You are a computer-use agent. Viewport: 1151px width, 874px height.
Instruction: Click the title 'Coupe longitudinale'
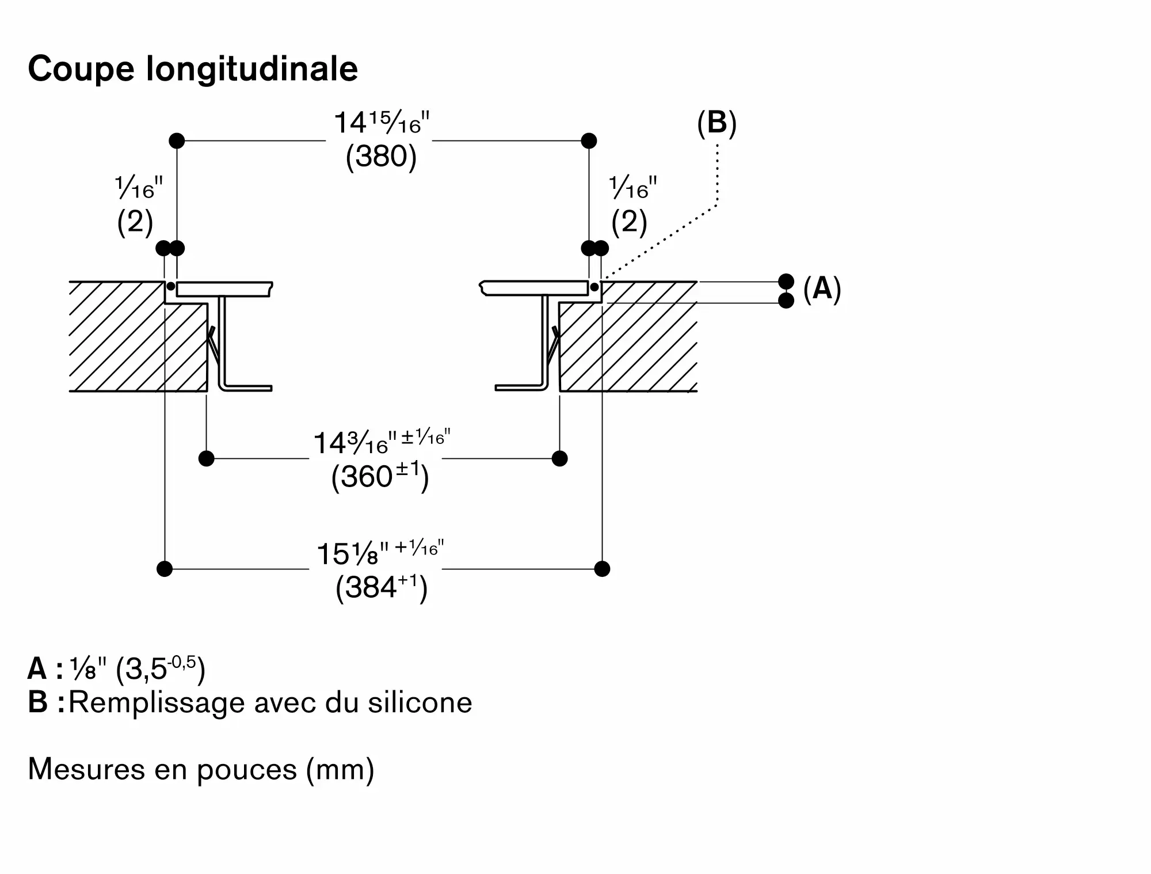point(193,69)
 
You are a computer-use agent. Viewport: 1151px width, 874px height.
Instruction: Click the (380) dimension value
point(381,156)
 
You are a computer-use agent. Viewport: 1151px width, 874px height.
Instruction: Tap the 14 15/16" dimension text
point(382,122)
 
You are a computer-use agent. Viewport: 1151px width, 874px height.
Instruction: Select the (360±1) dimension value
point(380,477)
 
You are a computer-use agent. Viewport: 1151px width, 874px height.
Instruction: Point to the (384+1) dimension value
point(381,588)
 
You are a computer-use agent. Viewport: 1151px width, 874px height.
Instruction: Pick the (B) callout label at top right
point(716,123)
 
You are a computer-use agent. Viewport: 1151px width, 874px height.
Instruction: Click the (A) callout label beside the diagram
point(822,288)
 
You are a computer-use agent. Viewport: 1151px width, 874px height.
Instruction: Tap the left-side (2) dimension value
point(135,222)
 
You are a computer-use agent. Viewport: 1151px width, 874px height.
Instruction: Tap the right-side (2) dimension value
point(629,222)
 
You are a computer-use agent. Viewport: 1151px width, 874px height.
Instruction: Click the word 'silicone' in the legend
point(420,702)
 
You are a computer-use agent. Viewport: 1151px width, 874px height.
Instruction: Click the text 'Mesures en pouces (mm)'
point(201,769)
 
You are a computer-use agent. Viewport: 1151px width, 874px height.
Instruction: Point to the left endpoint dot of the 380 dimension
point(177,140)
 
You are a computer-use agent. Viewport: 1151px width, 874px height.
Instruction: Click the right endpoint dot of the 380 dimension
point(589,140)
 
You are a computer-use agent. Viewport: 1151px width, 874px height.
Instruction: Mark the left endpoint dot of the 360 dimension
point(206,459)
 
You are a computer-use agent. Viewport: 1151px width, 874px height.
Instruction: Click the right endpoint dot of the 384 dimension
point(602,569)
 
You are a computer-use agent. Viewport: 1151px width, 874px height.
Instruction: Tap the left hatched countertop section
point(138,337)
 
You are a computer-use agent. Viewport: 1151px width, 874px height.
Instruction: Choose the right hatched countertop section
point(628,337)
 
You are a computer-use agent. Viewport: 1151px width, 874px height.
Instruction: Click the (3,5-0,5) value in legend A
point(161,668)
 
